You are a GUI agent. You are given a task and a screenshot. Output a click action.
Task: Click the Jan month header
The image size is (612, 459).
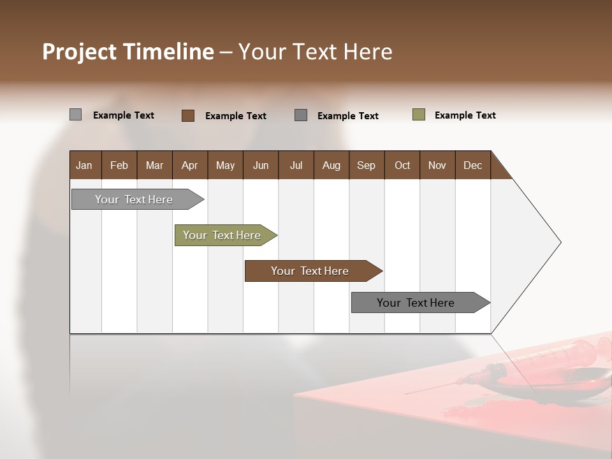coord(85,165)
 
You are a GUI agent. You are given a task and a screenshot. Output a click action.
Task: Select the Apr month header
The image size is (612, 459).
coord(190,165)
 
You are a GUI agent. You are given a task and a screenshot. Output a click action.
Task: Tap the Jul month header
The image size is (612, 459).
coord(296,165)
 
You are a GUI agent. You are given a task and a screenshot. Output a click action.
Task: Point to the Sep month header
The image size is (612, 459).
coord(366,165)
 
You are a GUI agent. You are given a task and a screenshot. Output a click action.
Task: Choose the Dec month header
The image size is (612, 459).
coord(472,165)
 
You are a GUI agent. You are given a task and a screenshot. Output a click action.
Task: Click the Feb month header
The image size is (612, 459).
coord(119,165)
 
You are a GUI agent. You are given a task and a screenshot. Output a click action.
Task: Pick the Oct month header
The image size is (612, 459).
coord(402,165)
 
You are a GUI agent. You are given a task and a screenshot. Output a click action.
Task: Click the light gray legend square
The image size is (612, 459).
coord(75,115)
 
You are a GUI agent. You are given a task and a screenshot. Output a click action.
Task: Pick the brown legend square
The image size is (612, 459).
coord(188,115)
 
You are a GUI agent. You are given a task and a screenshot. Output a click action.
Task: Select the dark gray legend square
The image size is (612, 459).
coord(301,115)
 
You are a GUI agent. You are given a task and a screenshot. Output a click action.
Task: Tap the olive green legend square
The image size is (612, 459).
coord(419,115)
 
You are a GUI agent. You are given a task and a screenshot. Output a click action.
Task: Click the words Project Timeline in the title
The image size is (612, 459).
coord(127,52)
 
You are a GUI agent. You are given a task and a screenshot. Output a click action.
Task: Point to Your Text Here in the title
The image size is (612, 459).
coord(315,52)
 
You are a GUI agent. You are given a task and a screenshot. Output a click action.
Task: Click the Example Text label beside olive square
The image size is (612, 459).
coord(465,115)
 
